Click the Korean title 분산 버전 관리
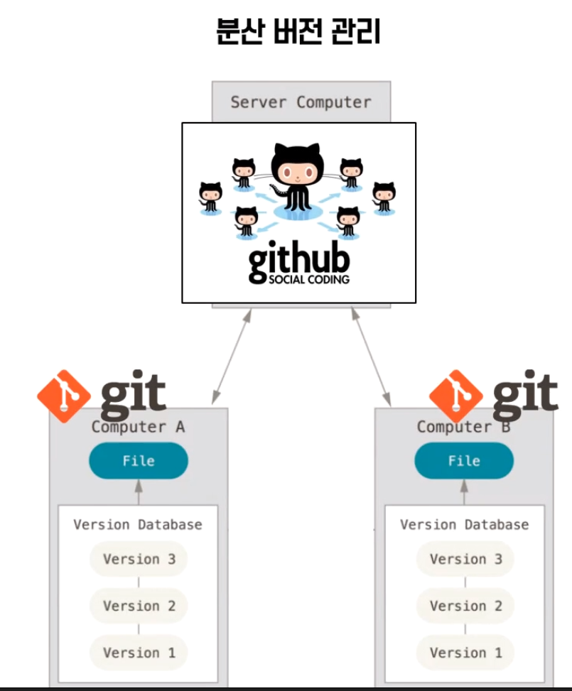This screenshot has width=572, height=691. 298,32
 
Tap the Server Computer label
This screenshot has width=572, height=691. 301,102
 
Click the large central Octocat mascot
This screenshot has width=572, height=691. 298,178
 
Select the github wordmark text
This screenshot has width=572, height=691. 298,260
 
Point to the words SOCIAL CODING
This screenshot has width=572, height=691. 309,280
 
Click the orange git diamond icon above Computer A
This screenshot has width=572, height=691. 64,396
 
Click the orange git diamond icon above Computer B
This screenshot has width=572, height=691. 456,396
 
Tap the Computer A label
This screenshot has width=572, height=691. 138,427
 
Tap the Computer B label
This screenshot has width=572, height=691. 463,427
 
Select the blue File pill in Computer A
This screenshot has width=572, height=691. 139,461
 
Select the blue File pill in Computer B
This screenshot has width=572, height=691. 464,461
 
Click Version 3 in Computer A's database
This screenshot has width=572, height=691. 139,559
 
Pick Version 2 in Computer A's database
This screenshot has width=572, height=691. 139,606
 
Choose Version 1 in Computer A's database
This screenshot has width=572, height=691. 139,653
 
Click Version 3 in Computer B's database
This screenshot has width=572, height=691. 465,559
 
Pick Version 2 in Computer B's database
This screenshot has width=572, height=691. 465,606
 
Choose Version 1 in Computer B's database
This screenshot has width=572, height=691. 465,653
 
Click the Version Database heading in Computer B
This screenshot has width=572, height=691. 464,525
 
